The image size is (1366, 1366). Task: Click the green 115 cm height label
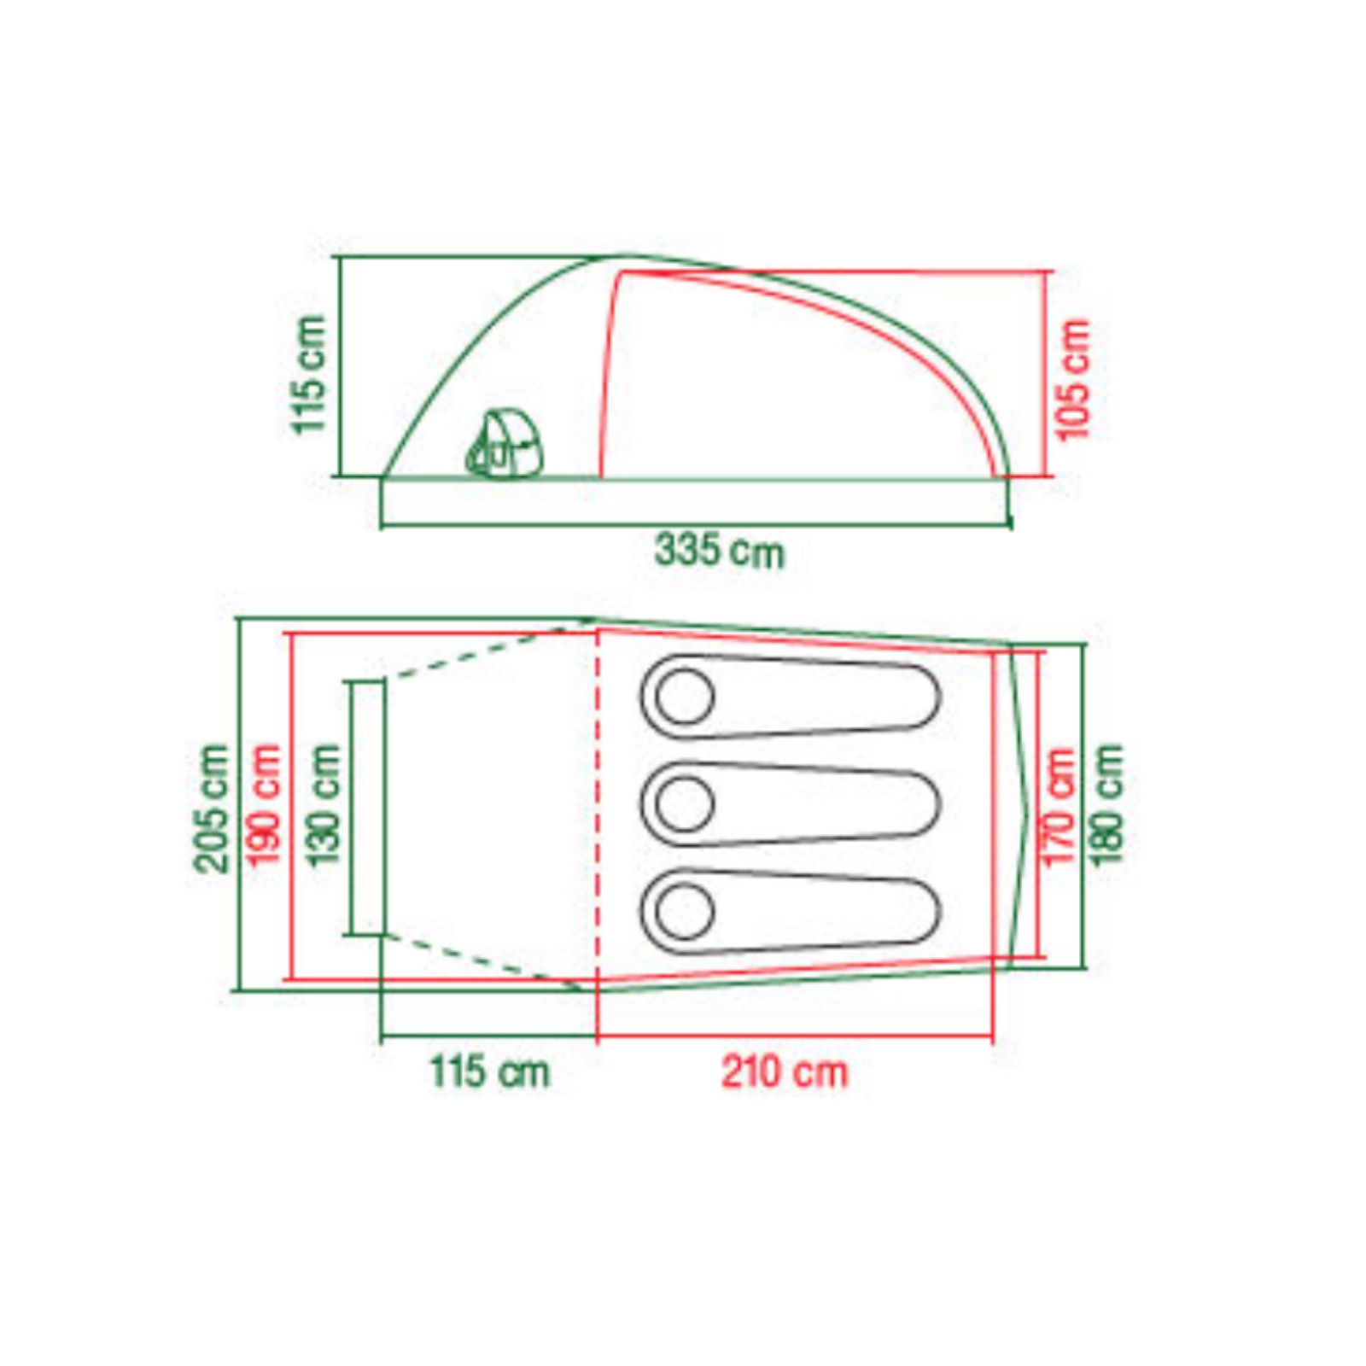click(x=309, y=374)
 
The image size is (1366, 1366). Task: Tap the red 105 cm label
click(x=1073, y=379)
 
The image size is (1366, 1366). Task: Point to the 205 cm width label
click(x=212, y=809)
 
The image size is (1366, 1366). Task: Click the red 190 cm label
click(x=263, y=804)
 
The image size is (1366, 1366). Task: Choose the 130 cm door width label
click(x=324, y=804)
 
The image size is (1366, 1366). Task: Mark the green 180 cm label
click(x=1107, y=804)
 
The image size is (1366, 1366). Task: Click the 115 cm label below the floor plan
click(x=489, y=1071)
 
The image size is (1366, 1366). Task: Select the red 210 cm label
click(x=785, y=1071)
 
